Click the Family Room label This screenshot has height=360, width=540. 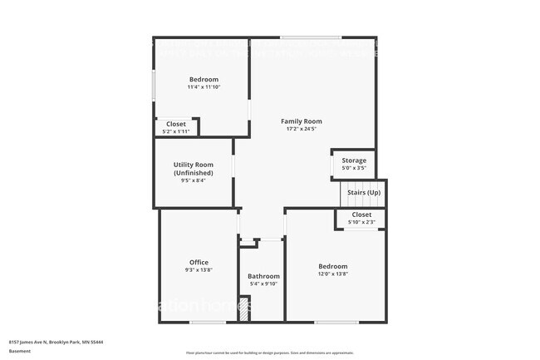(x=301, y=121)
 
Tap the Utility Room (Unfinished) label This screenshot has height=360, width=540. (x=193, y=169)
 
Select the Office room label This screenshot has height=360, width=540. (x=199, y=262)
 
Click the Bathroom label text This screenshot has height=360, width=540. (x=263, y=276)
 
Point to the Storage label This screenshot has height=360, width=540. (x=354, y=160)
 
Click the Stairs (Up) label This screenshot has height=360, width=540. (x=362, y=192)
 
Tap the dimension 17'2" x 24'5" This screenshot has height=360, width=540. (x=301, y=129)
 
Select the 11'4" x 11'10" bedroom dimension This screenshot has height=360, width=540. (x=204, y=86)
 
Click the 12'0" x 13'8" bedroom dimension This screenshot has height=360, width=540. (x=332, y=274)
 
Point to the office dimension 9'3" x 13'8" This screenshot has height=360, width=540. (x=199, y=269)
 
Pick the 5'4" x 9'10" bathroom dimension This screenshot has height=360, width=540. (x=263, y=284)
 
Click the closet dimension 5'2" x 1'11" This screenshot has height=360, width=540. (x=175, y=131)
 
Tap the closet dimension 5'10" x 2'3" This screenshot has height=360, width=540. (x=361, y=222)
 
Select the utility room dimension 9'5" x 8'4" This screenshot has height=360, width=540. (x=193, y=180)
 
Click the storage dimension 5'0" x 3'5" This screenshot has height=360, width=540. (x=354, y=168)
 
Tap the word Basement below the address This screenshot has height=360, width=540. (x=20, y=351)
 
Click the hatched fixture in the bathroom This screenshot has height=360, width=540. (x=244, y=309)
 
